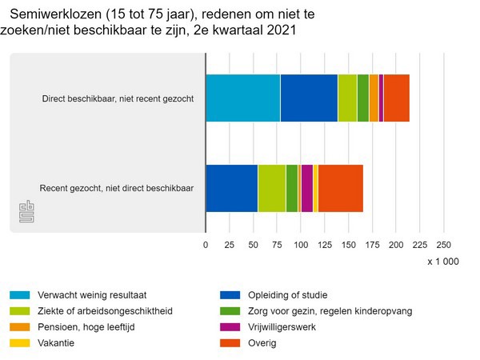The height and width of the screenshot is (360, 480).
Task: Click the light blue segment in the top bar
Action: coord(242,98)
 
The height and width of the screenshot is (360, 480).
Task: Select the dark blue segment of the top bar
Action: coord(309,98)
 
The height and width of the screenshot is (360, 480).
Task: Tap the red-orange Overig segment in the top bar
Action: coord(396,98)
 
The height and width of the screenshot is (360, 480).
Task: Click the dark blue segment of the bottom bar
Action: coord(231,188)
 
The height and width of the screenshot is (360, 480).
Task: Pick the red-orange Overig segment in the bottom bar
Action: coord(341,188)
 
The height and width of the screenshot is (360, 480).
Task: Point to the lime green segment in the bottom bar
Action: coord(271,188)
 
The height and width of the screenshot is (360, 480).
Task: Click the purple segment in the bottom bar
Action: coord(306,188)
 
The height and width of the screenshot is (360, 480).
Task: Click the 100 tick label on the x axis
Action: coord(301,245)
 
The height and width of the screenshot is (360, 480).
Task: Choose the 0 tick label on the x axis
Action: coord(206,245)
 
